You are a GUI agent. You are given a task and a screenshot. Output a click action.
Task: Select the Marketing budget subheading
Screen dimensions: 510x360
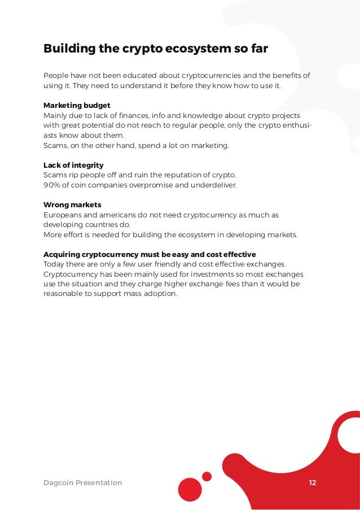coord(77,105)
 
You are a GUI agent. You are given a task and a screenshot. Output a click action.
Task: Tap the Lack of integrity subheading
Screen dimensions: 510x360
coord(73,165)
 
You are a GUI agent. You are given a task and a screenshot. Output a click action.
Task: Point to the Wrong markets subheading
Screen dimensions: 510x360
coord(72,204)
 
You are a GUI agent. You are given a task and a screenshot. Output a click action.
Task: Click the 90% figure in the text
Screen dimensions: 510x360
coord(52,185)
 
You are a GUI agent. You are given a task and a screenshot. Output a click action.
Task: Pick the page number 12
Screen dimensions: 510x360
coord(313,482)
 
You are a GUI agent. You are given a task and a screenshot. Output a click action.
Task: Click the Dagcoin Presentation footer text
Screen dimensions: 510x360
coord(82,482)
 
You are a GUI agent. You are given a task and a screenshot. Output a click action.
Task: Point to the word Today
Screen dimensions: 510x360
coord(54,264)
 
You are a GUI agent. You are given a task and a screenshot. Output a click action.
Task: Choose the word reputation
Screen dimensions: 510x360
coord(176,175)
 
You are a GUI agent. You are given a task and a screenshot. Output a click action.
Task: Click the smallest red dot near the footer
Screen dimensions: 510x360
coord(207,476)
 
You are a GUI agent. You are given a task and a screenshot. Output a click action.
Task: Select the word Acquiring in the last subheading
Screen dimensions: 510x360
coord(63,254)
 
